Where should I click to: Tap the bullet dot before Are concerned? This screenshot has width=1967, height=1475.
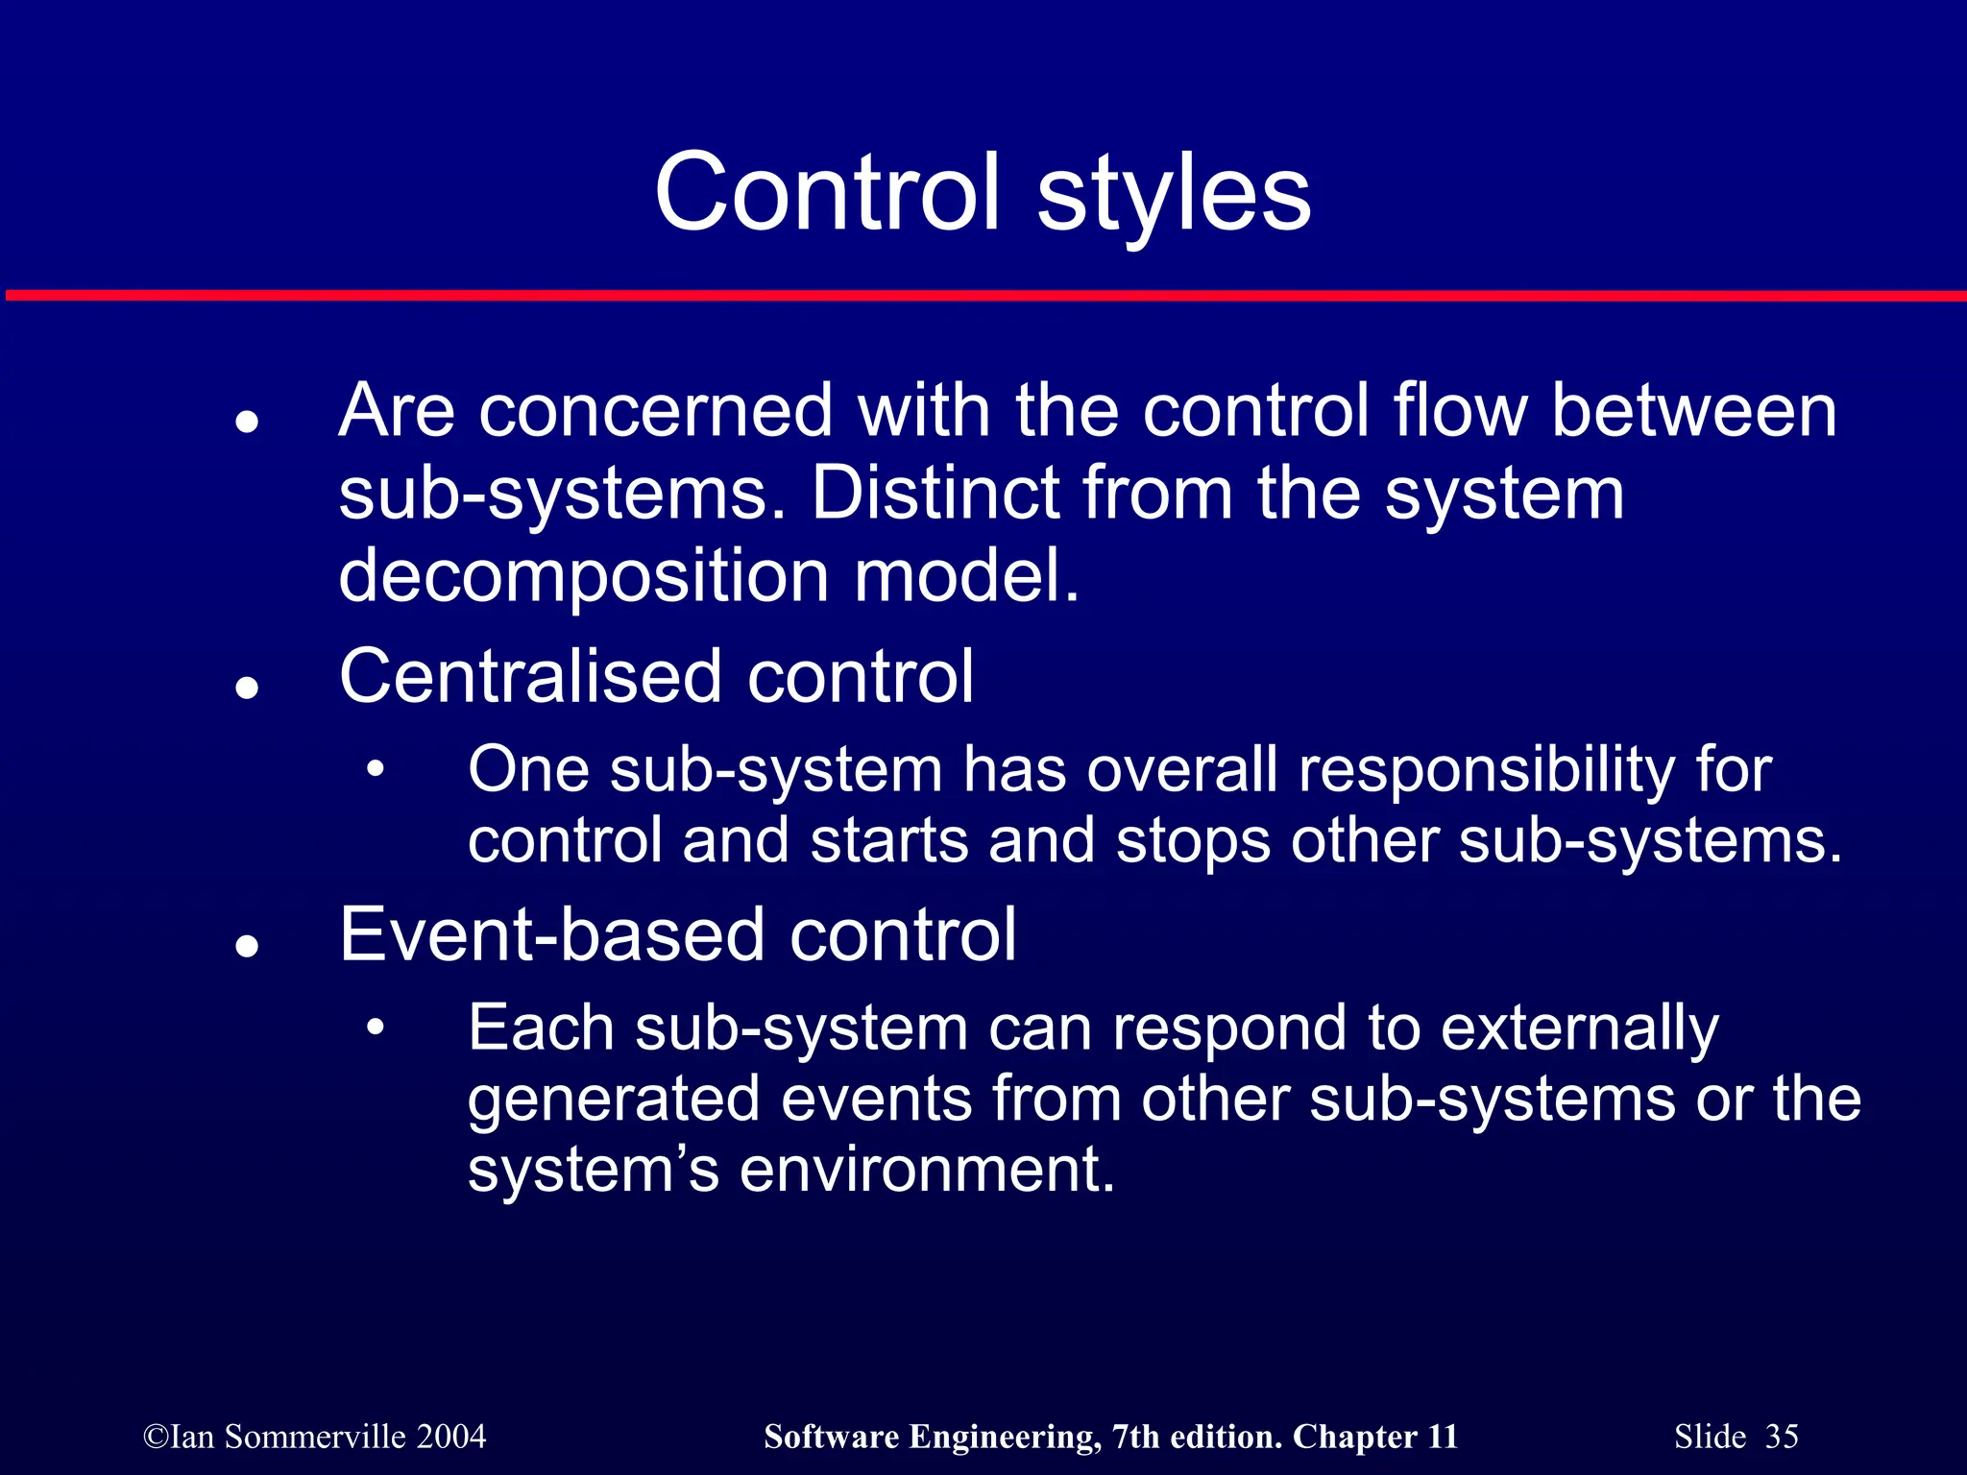tap(248, 423)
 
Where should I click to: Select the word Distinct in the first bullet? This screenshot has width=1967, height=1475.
tap(935, 493)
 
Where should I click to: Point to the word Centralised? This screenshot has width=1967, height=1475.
tap(529, 676)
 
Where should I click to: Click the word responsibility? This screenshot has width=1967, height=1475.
tap(1486, 771)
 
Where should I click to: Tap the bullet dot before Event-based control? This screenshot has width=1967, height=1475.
tap(248, 946)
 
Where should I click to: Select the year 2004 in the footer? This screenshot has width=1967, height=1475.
tap(451, 1437)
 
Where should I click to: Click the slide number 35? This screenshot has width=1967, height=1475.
tap(1782, 1437)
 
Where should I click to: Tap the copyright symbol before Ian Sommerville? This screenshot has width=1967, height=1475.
tap(155, 1438)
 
